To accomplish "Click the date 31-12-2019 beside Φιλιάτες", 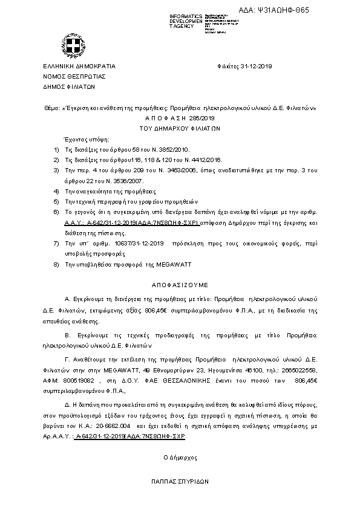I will (x=256, y=66).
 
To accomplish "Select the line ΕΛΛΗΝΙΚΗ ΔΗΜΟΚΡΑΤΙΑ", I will (x=79, y=66).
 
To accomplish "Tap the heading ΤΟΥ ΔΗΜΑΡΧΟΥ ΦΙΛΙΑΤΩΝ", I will (x=180, y=128).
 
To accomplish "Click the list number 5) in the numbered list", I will (x=56, y=201).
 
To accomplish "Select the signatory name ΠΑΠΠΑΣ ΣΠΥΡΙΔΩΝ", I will (x=180, y=482).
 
